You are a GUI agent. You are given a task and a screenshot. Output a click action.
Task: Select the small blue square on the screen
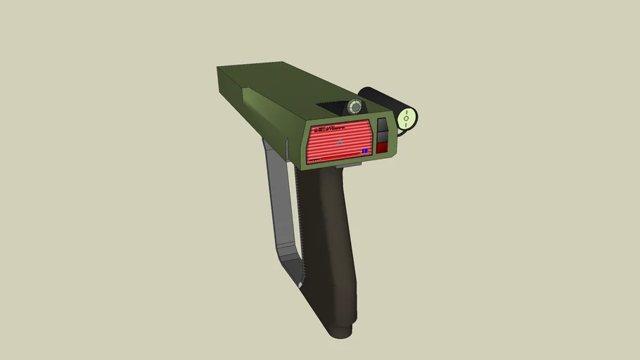[365, 150]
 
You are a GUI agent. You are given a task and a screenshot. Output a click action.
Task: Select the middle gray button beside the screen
[382, 136]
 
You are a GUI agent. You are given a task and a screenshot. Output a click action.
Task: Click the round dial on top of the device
[355, 107]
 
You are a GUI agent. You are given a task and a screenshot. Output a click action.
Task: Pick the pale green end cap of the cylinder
[407, 118]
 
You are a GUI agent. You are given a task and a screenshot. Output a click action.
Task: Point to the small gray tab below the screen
[350, 166]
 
